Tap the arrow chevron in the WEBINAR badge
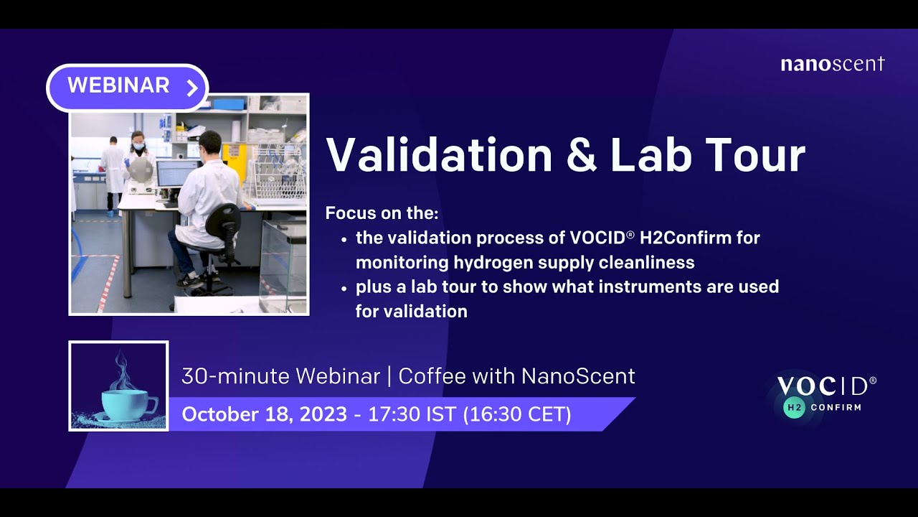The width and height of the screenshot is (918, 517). [191, 88]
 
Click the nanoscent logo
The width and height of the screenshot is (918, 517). [832, 64]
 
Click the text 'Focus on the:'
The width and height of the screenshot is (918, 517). [382, 213]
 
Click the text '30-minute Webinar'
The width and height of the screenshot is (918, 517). [280, 376]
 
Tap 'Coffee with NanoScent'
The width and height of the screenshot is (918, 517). [516, 376]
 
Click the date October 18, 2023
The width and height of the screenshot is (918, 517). [264, 414]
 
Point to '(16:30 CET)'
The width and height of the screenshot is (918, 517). [518, 414]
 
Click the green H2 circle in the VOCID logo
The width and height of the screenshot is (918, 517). [793, 407]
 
